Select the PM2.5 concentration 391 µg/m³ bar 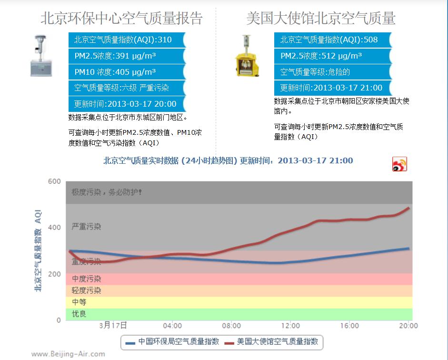(126, 56)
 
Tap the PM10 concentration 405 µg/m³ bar (126, 72)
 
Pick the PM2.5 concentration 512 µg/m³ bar (332, 56)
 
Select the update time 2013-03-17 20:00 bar (126, 104)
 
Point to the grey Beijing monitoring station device (41, 56)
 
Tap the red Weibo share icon (399, 164)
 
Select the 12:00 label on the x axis (290, 326)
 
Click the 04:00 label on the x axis (172, 326)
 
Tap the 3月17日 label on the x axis (113, 326)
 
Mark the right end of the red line (409, 208)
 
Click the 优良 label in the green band (79, 314)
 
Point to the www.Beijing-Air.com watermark (68, 354)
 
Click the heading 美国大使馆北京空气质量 (320, 18)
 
